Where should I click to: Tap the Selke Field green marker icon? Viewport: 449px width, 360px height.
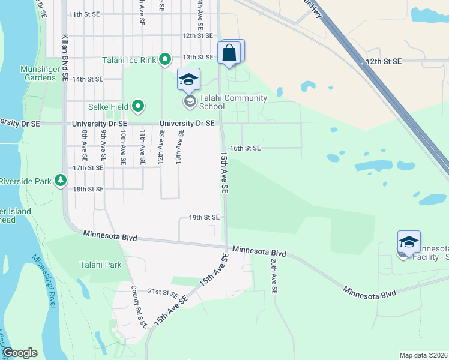click(x=138, y=107)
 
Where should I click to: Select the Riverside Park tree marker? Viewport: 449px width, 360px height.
click(x=60, y=180)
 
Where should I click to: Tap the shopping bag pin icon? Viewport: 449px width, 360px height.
click(x=229, y=53)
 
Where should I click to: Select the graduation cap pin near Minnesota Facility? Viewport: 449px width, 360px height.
click(x=408, y=242)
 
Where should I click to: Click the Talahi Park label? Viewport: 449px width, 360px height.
click(x=101, y=265)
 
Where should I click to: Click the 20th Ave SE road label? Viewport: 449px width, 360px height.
click(x=273, y=276)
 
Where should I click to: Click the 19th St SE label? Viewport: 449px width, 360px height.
click(x=204, y=217)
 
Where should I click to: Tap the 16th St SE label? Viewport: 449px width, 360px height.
click(x=246, y=148)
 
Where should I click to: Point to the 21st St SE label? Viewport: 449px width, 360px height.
click(x=164, y=292)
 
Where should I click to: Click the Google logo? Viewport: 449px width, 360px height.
click(x=20, y=353)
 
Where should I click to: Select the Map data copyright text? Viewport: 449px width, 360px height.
click(x=423, y=355)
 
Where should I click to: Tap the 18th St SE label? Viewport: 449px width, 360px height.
click(x=88, y=189)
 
